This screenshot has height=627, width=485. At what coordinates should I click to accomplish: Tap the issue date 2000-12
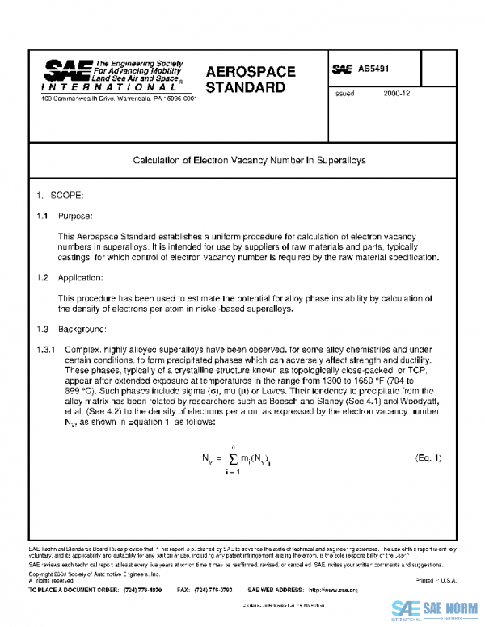click(x=398, y=94)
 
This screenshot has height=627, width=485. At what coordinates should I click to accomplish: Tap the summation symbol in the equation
click(x=234, y=459)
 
